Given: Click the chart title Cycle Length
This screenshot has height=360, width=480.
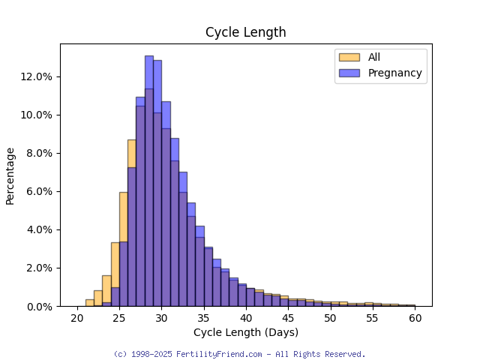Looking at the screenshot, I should (245, 32).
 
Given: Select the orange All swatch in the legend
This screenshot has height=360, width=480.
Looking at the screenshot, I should (349, 57).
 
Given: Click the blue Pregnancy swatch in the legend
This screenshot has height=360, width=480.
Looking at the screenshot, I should (349, 73).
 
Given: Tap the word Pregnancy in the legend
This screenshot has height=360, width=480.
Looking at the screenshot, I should (394, 73).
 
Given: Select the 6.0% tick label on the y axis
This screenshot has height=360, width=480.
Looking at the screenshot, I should (39, 191).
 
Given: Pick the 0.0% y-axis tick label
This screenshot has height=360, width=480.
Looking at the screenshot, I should (39, 306).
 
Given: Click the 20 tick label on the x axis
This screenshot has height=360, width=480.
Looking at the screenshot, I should (76, 318).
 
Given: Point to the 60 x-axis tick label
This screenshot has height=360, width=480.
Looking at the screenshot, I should (415, 318).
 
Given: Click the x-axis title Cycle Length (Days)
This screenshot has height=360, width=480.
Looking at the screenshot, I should (245, 332).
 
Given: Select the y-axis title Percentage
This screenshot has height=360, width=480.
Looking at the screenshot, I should (10, 175).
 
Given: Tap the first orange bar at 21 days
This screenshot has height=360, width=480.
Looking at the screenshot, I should (89, 303).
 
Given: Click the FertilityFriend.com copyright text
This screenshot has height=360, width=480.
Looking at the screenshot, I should (239, 354).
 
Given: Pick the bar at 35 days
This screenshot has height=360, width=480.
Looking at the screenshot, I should (208, 277).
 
